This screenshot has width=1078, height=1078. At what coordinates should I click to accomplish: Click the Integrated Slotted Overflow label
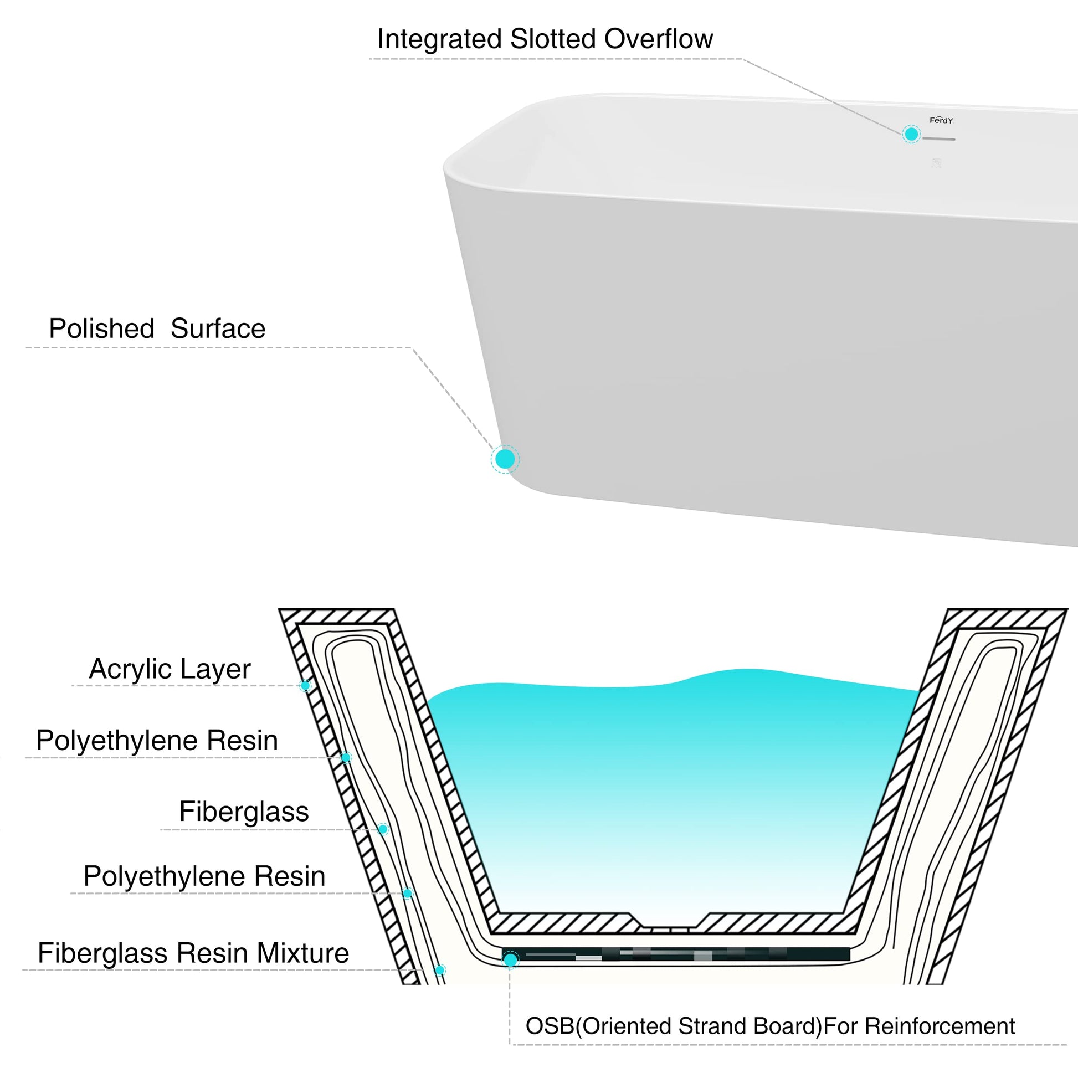(545, 39)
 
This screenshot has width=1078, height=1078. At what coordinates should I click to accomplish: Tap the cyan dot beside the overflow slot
(911, 134)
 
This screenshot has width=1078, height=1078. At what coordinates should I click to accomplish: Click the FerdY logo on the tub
(941, 120)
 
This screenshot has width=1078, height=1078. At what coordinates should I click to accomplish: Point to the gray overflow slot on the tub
(938, 138)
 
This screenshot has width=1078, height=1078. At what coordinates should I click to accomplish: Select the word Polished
(101, 328)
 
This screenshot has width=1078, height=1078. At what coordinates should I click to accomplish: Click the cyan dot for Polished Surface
(505, 459)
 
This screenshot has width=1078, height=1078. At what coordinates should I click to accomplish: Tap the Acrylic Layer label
(170, 669)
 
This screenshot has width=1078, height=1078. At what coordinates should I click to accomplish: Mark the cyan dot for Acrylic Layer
(305, 685)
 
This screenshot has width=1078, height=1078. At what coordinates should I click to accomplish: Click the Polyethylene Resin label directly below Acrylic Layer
(157, 741)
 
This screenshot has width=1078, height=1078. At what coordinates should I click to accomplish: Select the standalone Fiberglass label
(244, 812)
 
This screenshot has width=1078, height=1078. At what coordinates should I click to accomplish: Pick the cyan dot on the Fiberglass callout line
(383, 829)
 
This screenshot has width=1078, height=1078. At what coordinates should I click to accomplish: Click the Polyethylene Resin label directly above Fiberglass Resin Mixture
(204, 876)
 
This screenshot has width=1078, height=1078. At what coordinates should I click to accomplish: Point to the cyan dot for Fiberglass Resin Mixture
(440, 971)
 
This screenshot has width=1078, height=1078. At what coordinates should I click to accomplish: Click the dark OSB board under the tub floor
(675, 954)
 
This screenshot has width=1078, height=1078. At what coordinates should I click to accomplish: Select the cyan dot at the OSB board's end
(510, 959)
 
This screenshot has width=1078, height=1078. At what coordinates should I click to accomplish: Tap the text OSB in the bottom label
(549, 1026)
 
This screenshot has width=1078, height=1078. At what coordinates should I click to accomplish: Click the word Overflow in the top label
(659, 39)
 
